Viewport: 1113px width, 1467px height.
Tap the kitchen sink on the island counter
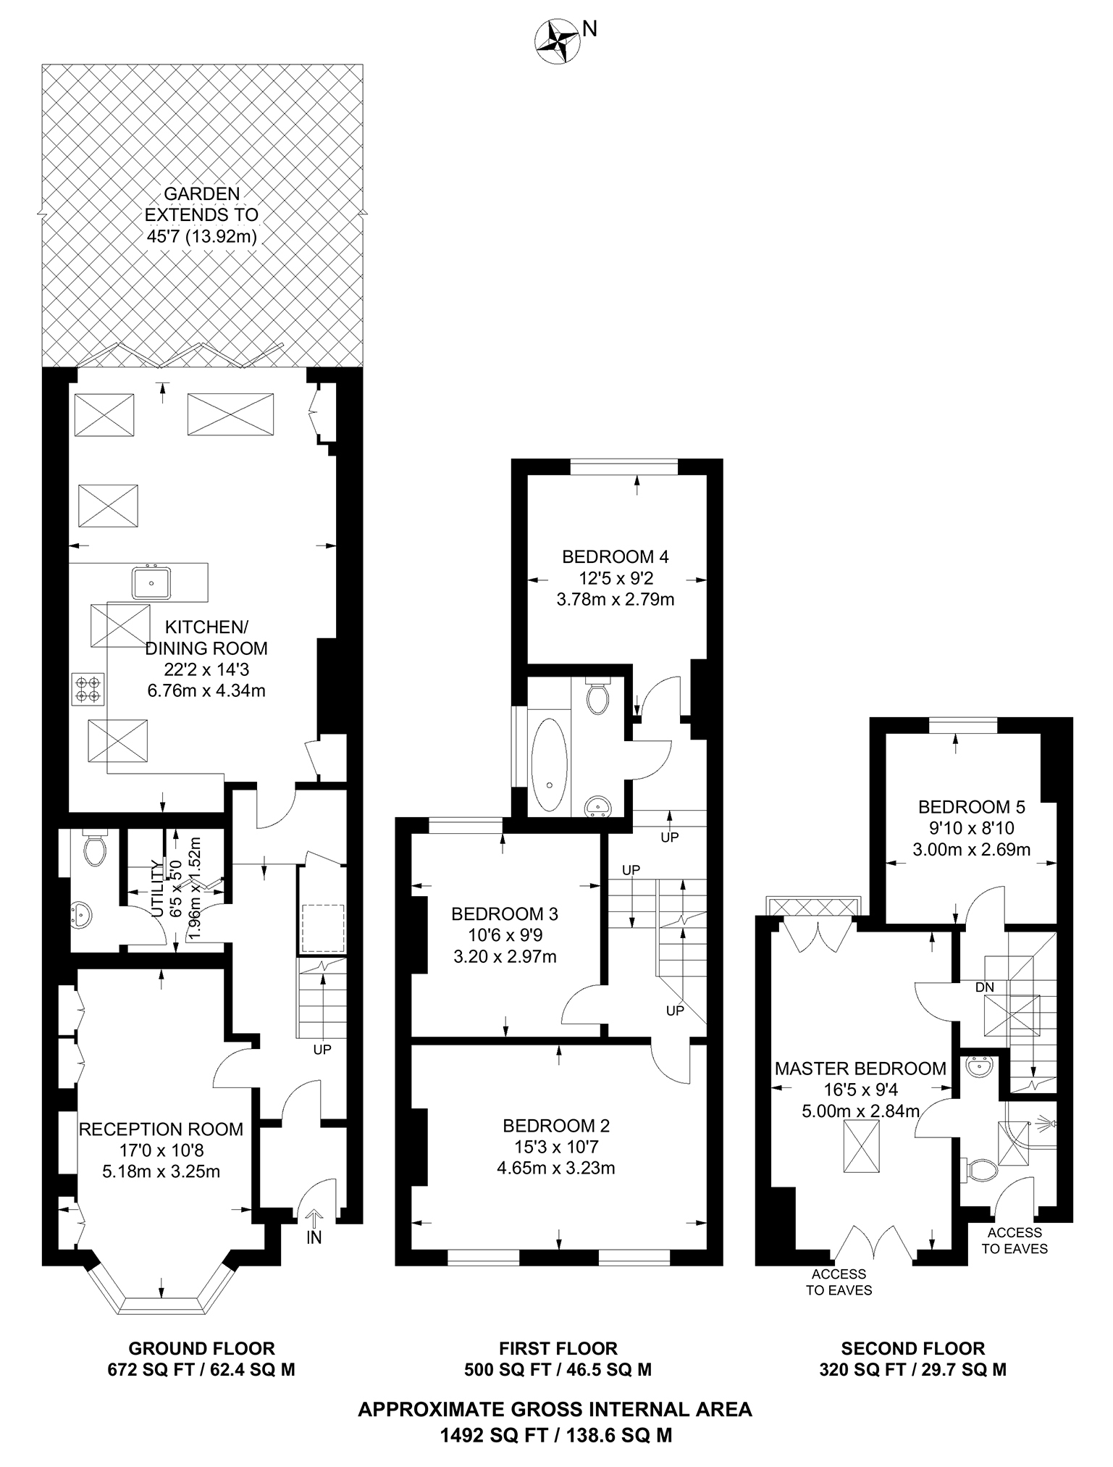pyautogui.click(x=151, y=582)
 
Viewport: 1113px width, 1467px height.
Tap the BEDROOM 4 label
pyautogui.click(x=615, y=556)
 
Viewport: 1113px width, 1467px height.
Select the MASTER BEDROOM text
pyautogui.click(x=860, y=1068)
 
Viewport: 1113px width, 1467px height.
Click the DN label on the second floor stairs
pyautogui.click(x=984, y=987)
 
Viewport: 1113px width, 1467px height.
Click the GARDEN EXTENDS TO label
pyautogui.click(x=201, y=204)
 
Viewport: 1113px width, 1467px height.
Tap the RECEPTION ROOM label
pyautogui.click(x=161, y=1129)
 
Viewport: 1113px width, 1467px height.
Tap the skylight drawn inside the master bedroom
pyautogui.click(x=861, y=1145)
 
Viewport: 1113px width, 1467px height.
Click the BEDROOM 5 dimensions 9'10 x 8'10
pyautogui.click(x=971, y=828)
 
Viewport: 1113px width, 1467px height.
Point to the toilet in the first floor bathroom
pyautogui.click(x=597, y=698)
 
